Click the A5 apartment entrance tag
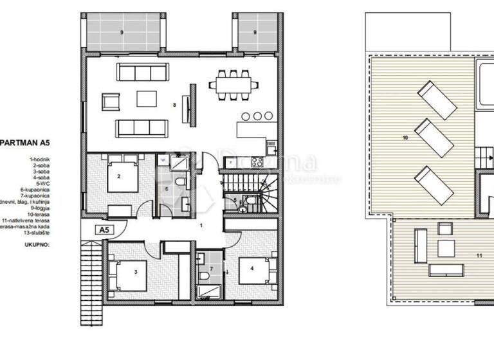coord(103,229)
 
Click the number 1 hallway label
coord(201,226)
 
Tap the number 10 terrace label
coord(405,138)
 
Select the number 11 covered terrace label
coord(478,255)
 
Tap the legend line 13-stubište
coord(33,233)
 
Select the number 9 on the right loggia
coord(255,32)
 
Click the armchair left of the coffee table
coord(111,101)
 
